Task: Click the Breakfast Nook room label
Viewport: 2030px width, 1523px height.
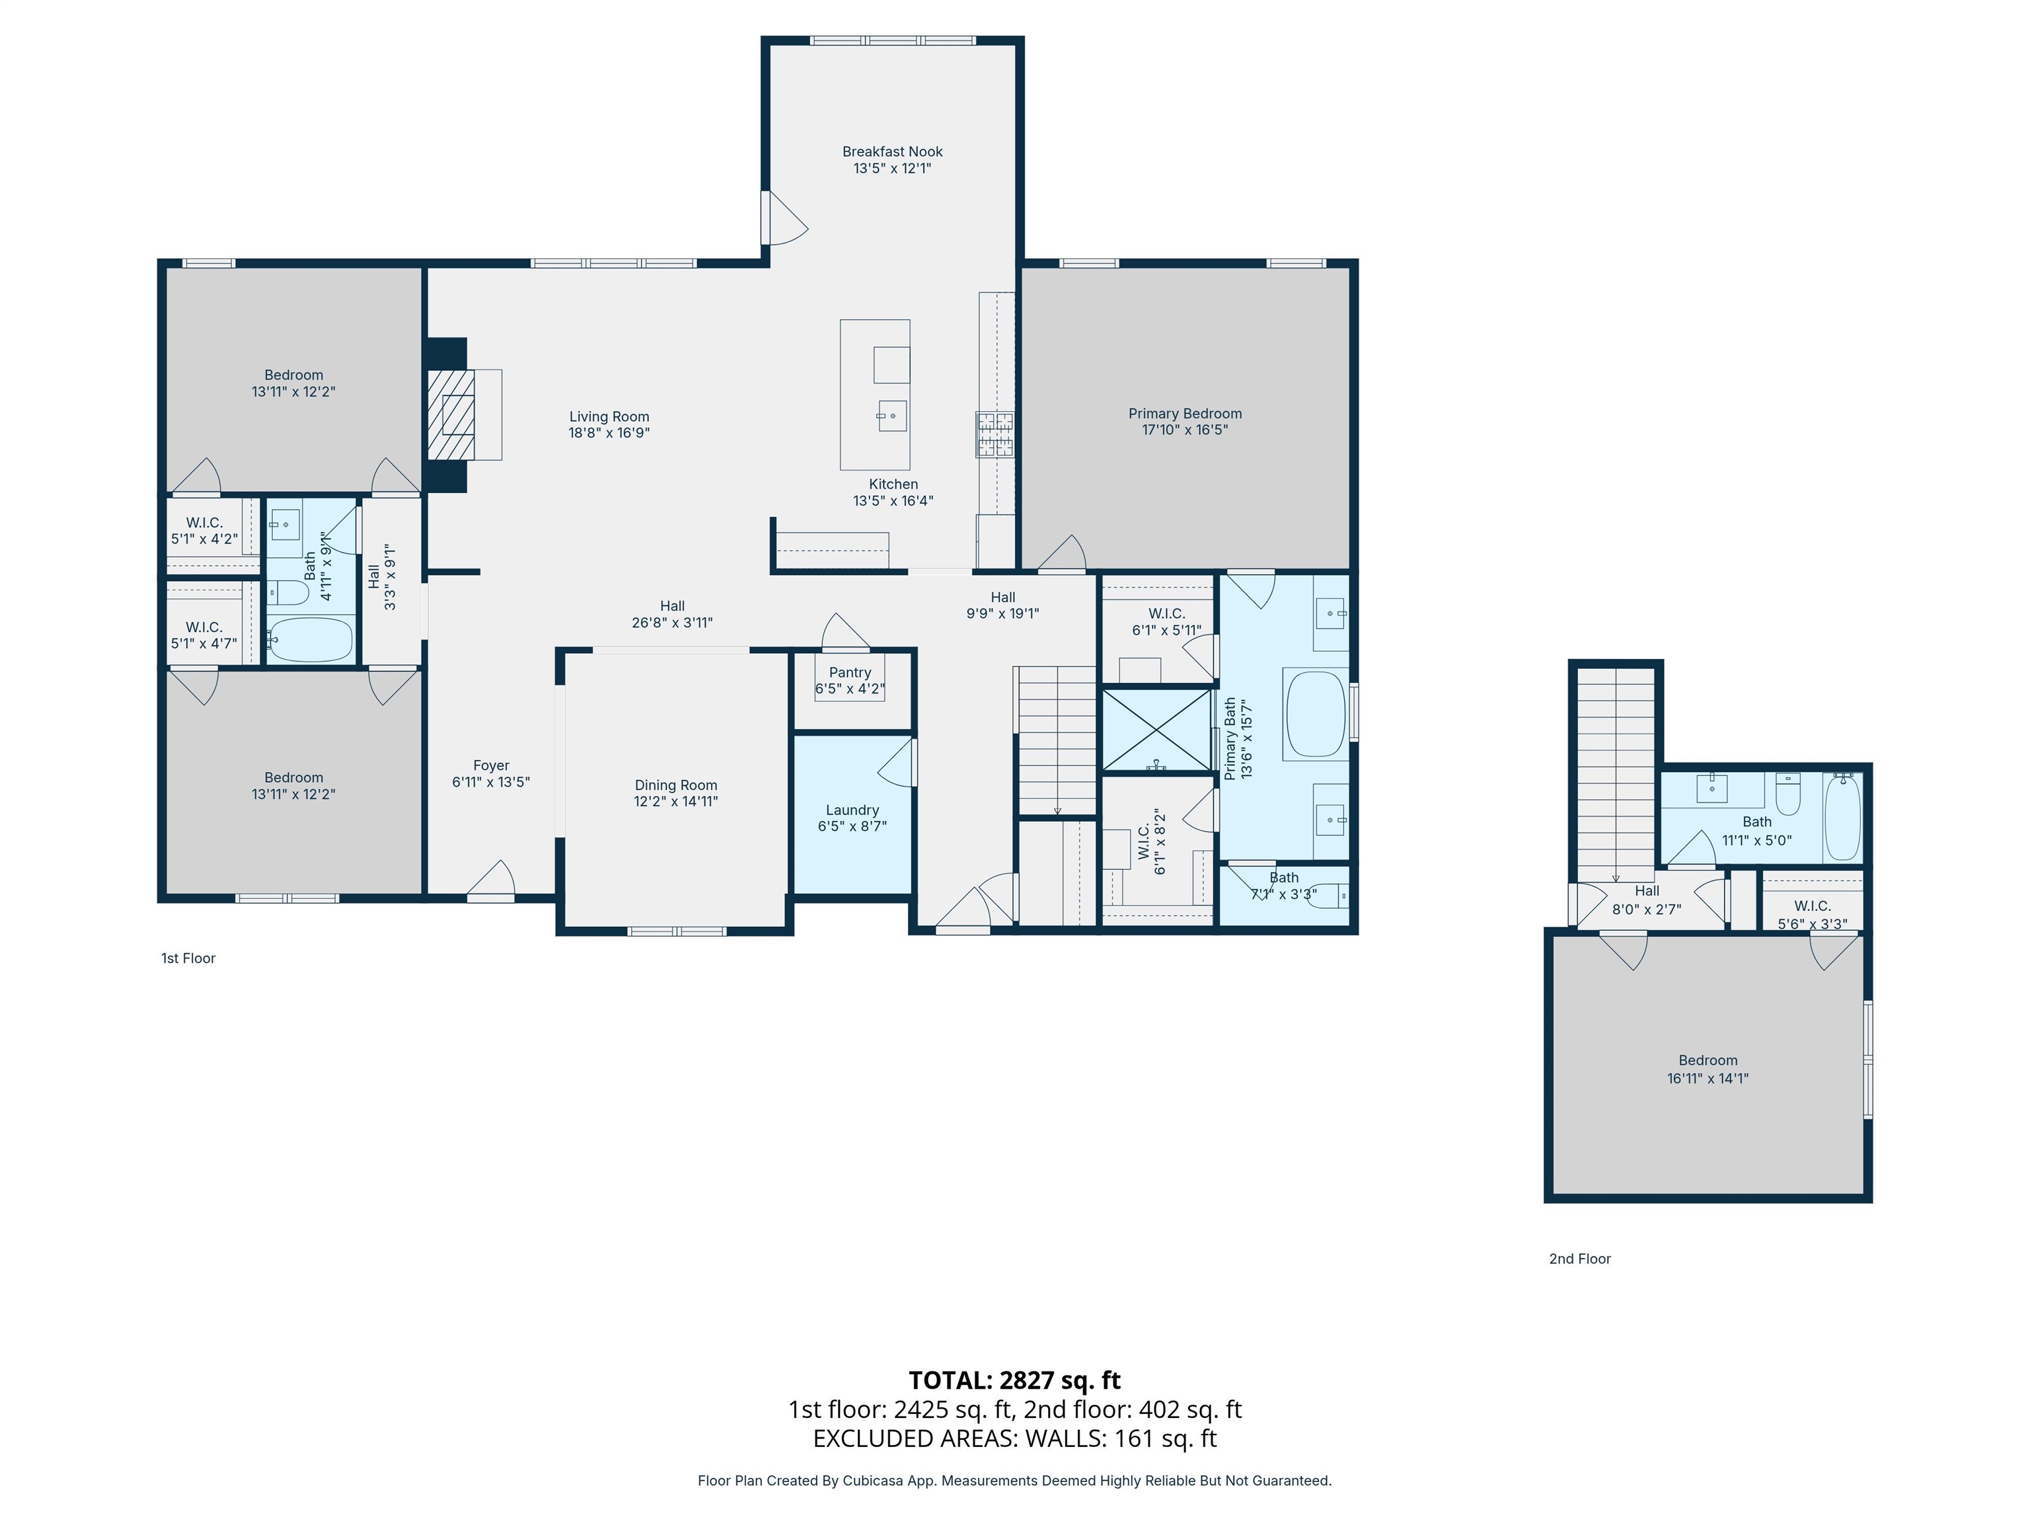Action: point(892,151)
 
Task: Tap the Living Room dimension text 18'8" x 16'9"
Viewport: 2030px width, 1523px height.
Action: point(609,432)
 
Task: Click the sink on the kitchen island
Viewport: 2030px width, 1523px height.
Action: point(892,416)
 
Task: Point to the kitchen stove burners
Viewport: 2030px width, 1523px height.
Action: point(995,434)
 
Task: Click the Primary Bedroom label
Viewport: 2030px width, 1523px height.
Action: point(1185,414)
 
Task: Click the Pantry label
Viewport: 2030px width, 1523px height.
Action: point(850,673)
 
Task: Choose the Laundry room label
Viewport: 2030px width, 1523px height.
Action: point(852,810)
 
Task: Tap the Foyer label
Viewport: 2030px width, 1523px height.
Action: point(491,765)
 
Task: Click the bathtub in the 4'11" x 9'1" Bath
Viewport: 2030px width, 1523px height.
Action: point(310,639)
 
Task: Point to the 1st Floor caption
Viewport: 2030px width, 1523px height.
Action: point(188,958)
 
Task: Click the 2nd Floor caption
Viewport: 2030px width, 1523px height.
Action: point(1580,1259)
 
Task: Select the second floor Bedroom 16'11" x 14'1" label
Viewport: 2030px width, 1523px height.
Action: point(1708,1060)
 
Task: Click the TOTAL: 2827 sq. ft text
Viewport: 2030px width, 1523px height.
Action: point(1015,1380)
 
